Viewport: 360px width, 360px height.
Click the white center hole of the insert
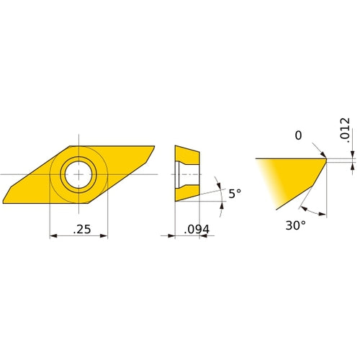tap(78, 174)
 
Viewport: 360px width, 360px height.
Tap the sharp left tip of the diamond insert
tap(5, 201)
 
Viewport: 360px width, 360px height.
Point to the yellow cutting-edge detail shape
tap(295, 176)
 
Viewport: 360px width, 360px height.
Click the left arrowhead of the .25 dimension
tap(53, 235)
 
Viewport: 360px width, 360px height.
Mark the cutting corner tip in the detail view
tap(325, 159)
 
